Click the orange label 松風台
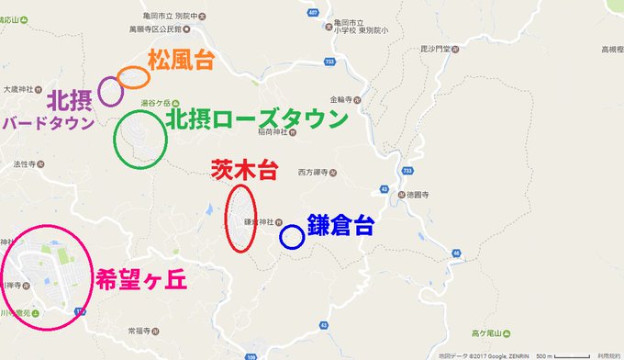click(x=181, y=61)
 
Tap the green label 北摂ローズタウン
click(x=257, y=118)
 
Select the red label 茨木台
click(x=243, y=171)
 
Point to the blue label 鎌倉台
click(x=340, y=226)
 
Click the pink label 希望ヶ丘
click(x=141, y=279)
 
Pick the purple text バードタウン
click(x=49, y=123)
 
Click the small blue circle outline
click(x=292, y=237)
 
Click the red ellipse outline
click(x=241, y=219)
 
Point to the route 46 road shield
click(x=455, y=253)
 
